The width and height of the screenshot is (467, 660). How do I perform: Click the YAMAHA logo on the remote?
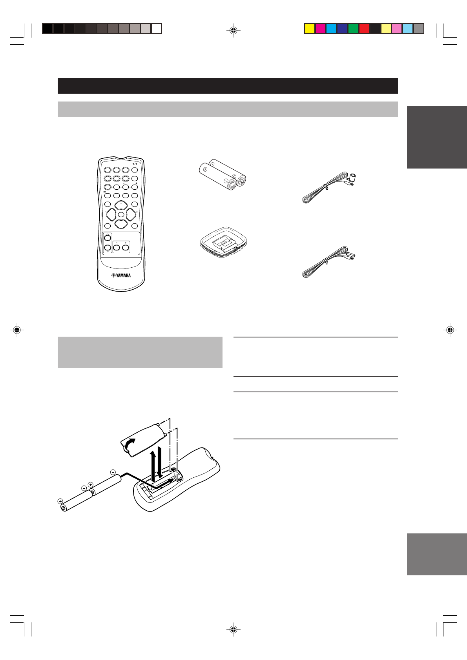121,275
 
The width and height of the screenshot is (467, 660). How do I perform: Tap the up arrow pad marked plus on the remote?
121,205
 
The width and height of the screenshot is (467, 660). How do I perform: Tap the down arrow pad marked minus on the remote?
121,225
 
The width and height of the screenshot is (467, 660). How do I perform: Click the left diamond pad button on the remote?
111,214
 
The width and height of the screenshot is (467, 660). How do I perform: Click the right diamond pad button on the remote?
131,214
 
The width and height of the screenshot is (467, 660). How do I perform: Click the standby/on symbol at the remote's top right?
135,164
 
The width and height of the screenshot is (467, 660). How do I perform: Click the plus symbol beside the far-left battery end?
60,501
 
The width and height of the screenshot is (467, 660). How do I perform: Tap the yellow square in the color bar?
310,29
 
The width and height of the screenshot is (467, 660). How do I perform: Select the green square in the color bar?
353,29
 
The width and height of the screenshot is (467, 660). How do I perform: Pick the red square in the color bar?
364,29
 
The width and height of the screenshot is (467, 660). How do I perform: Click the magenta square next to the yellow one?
321,29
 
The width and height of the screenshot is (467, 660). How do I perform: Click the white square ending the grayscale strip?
157,29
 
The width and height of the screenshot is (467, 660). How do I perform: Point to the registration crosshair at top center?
233,30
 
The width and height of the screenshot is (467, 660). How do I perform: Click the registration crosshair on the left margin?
16,330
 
